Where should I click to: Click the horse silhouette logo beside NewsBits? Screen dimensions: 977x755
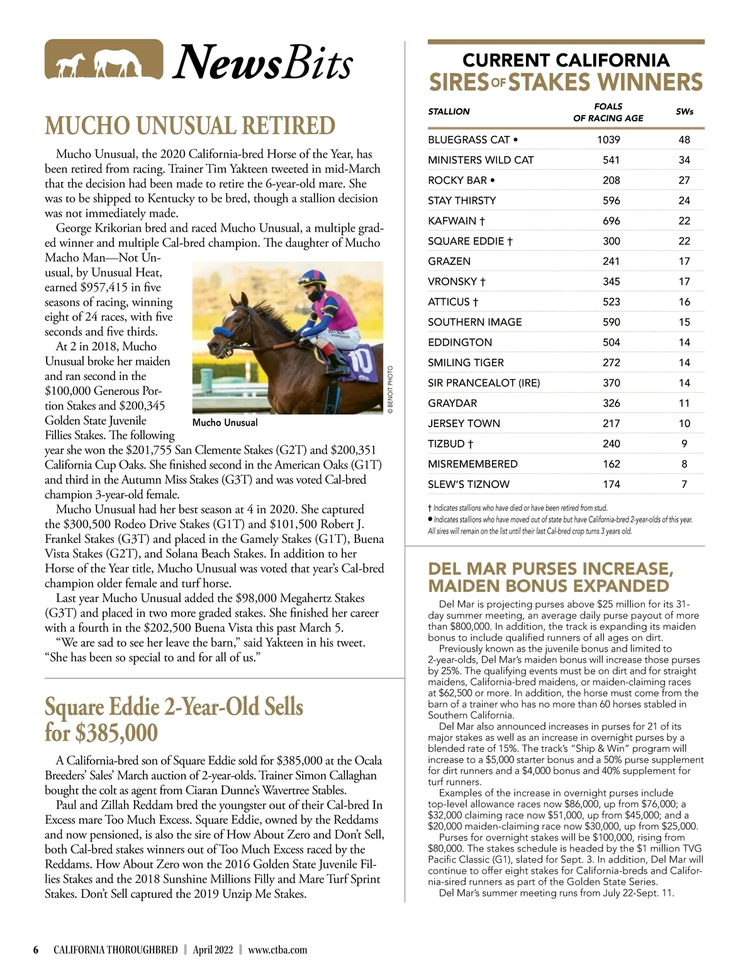click(104, 61)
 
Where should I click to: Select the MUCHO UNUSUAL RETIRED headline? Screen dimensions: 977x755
click(190, 126)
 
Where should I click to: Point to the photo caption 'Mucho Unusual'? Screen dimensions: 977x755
click(225, 423)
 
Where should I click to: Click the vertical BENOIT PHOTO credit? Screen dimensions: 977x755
click(390, 389)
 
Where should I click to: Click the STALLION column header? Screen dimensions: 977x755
click(449, 111)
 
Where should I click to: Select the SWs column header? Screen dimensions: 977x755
click(684, 111)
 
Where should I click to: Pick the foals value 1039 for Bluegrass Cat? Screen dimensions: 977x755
click(608, 140)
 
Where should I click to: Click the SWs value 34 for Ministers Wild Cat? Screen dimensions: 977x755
click(684, 160)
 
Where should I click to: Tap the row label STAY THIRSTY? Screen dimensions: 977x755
click(462, 201)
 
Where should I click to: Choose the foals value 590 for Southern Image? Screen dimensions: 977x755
click(611, 322)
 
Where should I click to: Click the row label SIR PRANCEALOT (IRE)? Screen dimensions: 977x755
click(484, 383)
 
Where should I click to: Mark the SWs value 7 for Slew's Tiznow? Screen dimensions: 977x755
click(684, 484)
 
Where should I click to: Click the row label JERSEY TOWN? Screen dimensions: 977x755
click(464, 423)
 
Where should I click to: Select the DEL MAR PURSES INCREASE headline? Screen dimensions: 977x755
click(551, 569)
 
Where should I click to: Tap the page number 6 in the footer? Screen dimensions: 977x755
click(36, 949)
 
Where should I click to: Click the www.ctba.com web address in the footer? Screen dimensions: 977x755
click(277, 949)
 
